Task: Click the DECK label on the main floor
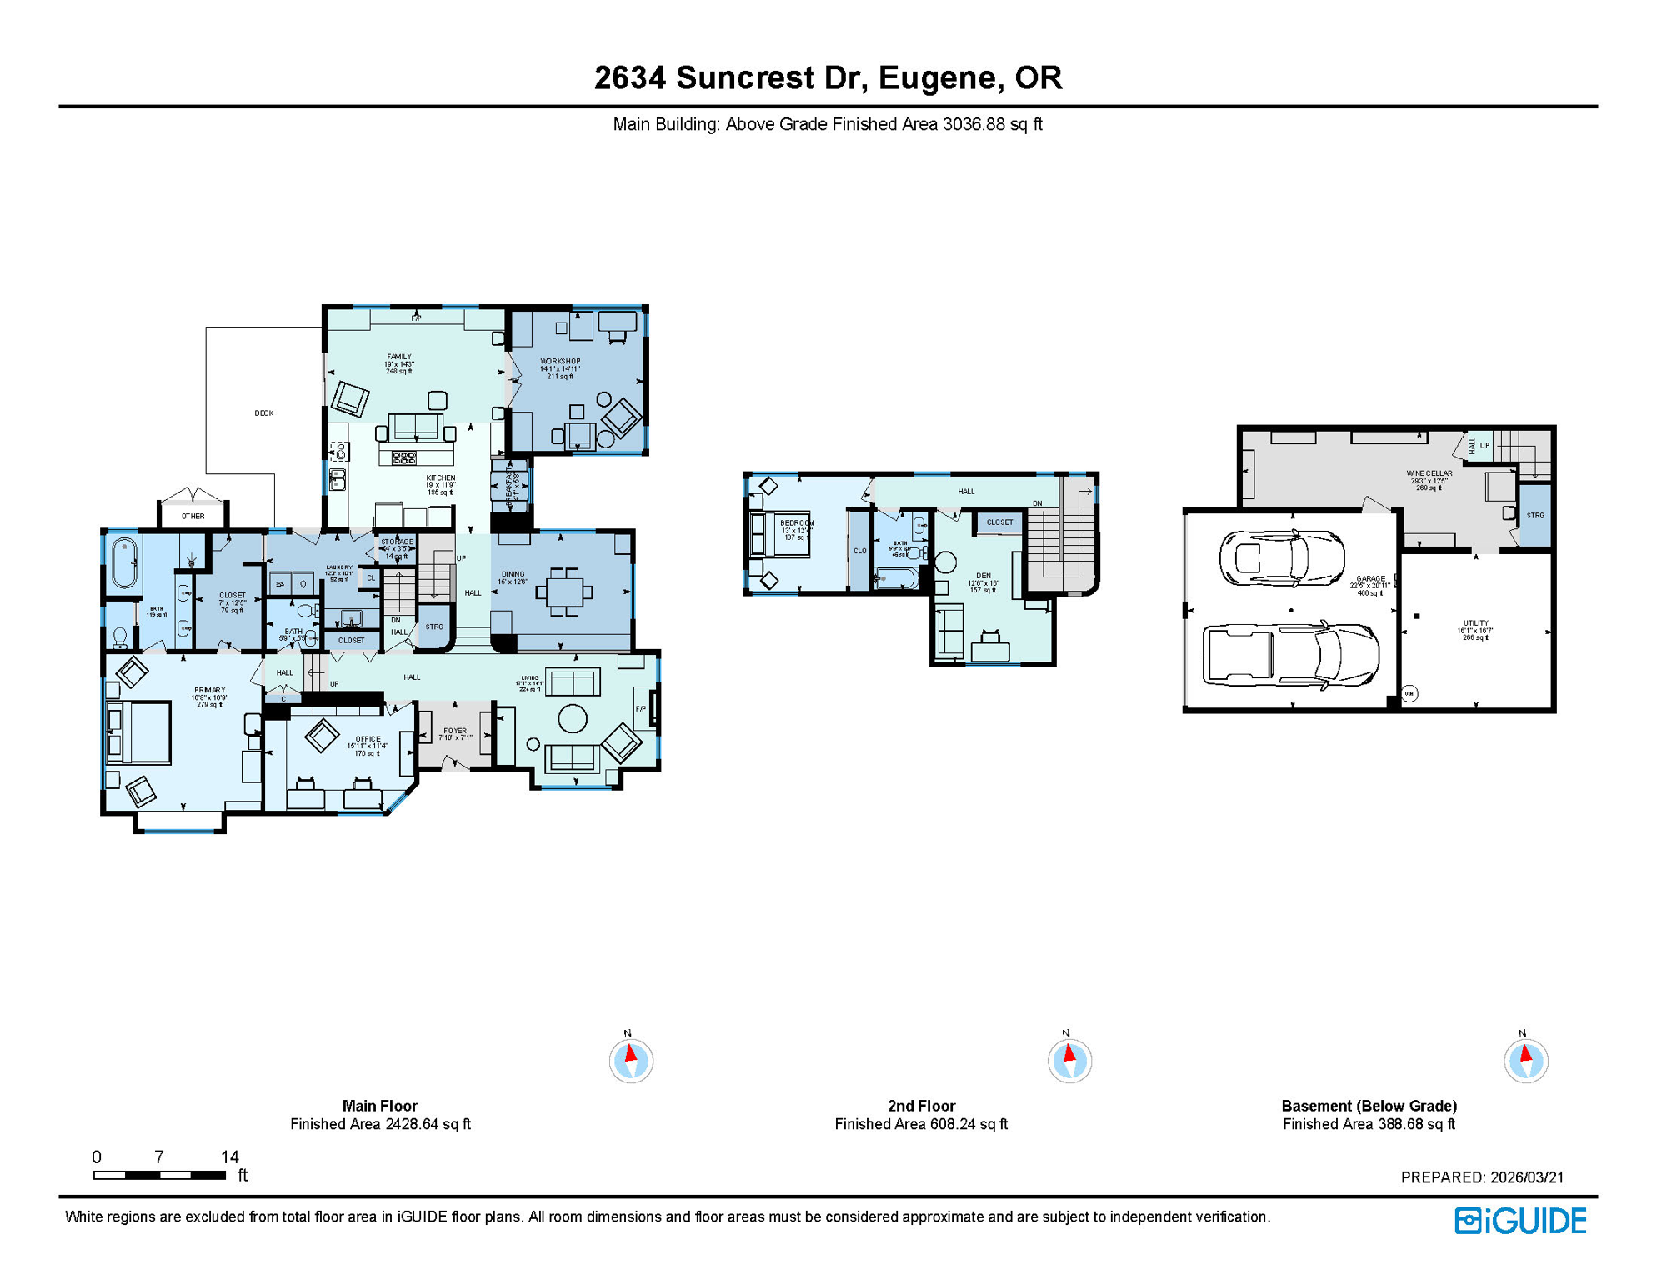[263, 413]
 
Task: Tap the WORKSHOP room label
[560, 362]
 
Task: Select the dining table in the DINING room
[564, 592]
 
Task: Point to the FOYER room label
[455, 731]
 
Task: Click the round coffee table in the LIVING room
[572, 718]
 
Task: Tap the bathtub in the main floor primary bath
[124, 563]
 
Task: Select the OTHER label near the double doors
[193, 517]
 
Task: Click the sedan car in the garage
[1281, 557]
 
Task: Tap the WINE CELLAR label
[1429, 473]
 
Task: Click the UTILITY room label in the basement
[1475, 623]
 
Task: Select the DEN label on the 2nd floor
[984, 576]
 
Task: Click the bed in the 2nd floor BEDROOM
[781, 533]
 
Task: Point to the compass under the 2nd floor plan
[1069, 1061]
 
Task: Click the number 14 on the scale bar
[230, 1157]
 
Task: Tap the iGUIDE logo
[1520, 1221]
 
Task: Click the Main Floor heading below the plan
[379, 1106]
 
